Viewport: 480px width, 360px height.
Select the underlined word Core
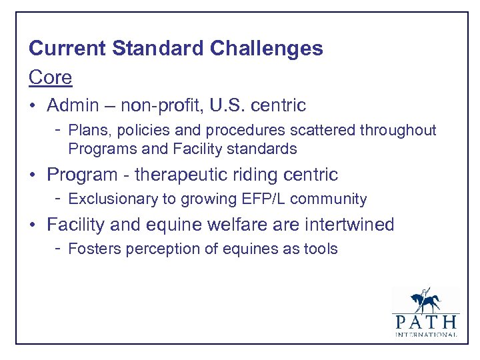[x=50, y=77]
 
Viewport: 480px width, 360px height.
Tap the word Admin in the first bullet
[x=72, y=105]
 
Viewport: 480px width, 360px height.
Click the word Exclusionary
[x=109, y=199]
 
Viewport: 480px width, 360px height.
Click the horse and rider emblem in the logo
[x=425, y=301]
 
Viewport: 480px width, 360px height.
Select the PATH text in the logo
[x=426, y=322]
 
